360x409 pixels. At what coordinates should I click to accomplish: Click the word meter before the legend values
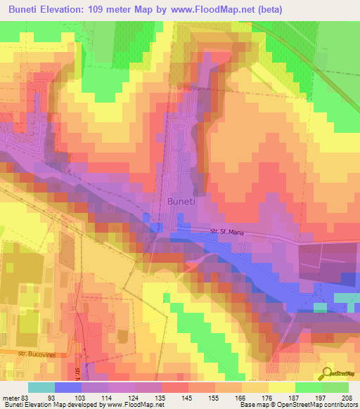coord(11,397)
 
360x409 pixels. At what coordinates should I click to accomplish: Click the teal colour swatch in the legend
coord(41,387)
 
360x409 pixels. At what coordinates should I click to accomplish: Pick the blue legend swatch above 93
coord(68,387)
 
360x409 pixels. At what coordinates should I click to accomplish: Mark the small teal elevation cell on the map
coord(320,307)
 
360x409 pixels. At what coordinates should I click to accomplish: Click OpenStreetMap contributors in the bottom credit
coord(319,405)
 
